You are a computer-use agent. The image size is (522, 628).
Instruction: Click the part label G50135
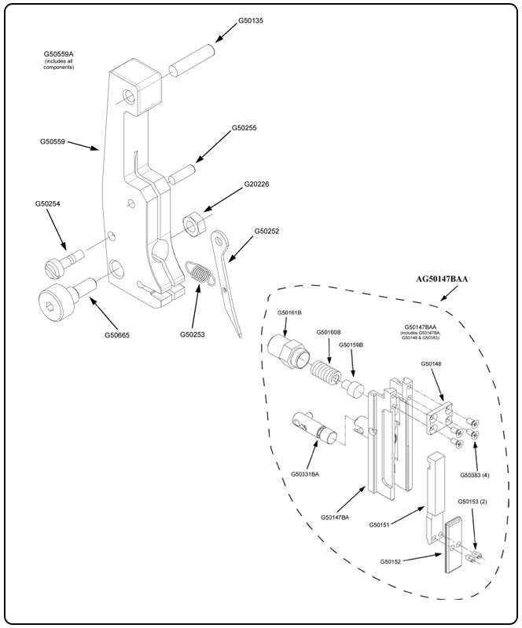[x=251, y=20]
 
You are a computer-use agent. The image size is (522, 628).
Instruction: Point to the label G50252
[x=267, y=232]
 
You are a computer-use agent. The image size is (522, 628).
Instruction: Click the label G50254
[x=48, y=203]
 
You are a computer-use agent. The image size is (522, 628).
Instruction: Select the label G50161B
[x=290, y=312]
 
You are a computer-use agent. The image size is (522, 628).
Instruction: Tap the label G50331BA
[x=305, y=473]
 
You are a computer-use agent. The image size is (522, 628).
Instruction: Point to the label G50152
[x=392, y=561]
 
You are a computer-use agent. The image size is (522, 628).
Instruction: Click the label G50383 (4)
[x=475, y=475]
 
